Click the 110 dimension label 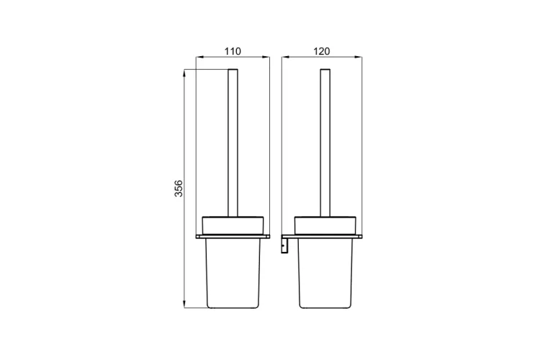233,51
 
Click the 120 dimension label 322,51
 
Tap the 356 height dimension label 179,189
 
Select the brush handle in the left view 233,143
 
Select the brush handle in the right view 325,143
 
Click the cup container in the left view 233,273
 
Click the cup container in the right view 325,273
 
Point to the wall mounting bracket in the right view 284,246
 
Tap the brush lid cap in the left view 233,225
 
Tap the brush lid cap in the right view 325,225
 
